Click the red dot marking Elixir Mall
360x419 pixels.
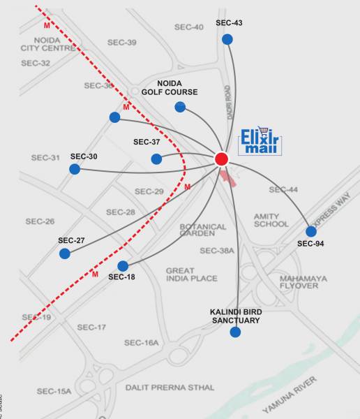222,159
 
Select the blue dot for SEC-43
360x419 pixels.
227,39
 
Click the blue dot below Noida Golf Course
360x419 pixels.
180,107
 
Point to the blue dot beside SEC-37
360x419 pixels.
156,159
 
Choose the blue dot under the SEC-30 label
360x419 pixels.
75,169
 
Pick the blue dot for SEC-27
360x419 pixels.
65,253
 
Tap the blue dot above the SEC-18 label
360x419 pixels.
123,266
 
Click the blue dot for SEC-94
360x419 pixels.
311,231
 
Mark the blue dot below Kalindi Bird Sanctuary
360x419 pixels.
235,332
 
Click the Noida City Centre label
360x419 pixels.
47,44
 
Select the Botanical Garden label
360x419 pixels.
203,231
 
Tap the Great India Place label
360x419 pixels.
191,274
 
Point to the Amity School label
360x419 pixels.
271,220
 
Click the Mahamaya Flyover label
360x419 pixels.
303,282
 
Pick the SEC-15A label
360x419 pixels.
54,391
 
